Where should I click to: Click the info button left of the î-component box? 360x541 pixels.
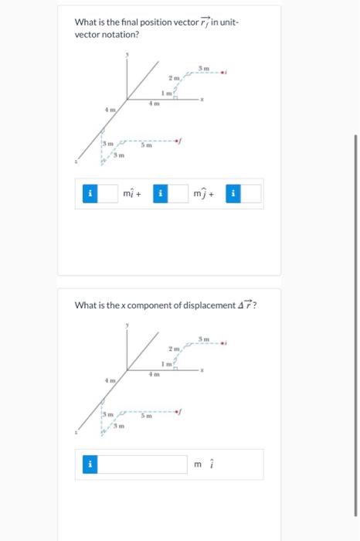[90, 194]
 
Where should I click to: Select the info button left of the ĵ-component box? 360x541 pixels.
[160, 194]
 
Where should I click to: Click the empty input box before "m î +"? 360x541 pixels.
[108, 194]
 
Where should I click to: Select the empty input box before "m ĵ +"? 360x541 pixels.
[178, 194]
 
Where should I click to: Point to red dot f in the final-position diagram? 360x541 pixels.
[178, 140]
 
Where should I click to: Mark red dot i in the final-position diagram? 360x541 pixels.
[224, 74]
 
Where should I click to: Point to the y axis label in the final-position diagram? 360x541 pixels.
[128, 55]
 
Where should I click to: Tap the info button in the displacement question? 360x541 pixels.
[90, 464]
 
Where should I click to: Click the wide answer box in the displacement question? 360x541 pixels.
[144, 464]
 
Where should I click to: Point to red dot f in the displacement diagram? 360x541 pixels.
[178, 411]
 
